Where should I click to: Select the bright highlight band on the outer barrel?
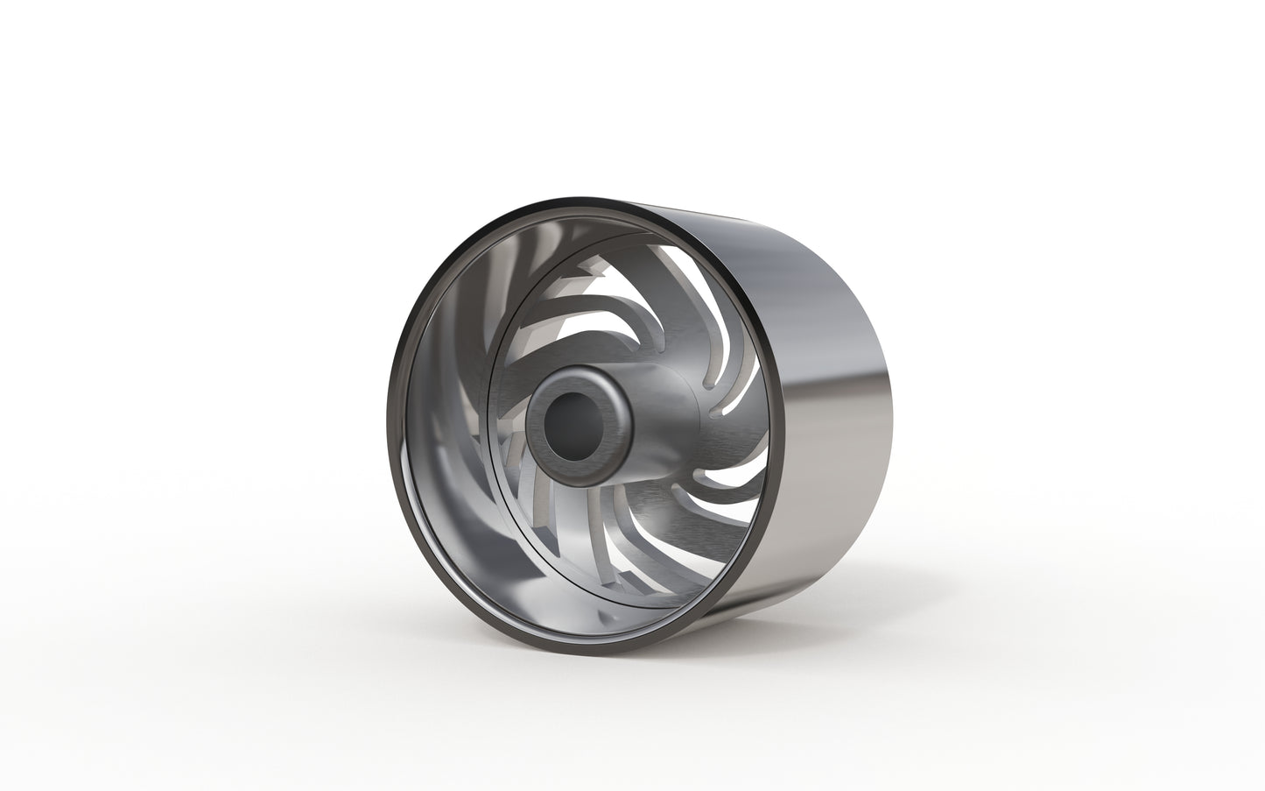[840, 438]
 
